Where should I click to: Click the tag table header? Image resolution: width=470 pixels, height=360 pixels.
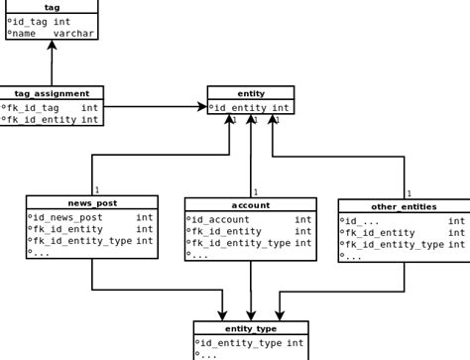pyautogui.click(x=52, y=7)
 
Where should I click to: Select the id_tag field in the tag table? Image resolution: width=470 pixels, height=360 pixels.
pyautogui.click(x=41, y=21)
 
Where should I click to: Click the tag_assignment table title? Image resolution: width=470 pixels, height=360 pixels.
pyautogui.click(x=52, y=93)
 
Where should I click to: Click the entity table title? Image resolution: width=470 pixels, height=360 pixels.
pyautogui.click(x=251, y=93)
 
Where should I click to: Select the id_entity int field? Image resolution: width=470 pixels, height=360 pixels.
pyautogui.click(x=252, y=107)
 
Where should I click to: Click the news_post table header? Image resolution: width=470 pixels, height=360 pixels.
pyautogui.click(x=92, y=202)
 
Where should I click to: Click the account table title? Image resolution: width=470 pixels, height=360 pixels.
pyautogui.click(x=251, y=204)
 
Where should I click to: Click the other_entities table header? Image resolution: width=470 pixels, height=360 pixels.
pyautogui.click(x=403, y=206)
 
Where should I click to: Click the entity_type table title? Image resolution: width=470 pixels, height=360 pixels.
pyautogui.click(x=251, y=328)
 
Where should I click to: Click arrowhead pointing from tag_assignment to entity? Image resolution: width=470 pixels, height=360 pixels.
pyautogui.click(x=200, y=106)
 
